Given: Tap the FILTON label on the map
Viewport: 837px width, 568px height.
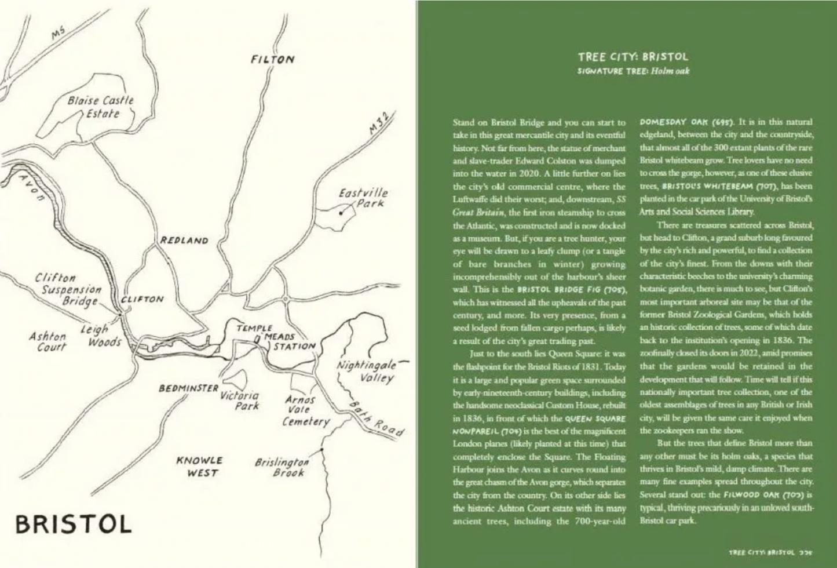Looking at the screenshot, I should click(x=273, y=60).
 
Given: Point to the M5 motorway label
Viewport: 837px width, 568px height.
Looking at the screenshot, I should click(x=59, y=34).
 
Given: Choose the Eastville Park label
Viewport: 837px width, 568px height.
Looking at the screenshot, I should click(x=363, y=198).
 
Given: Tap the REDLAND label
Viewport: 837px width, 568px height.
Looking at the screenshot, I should click(x=184, y=241).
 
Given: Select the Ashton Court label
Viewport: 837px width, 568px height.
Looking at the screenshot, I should click(x=48, y=341).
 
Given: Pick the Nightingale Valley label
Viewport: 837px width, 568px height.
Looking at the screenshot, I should click(x=367, y=372).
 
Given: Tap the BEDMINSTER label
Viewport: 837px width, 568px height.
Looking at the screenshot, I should click(x=189, y=388).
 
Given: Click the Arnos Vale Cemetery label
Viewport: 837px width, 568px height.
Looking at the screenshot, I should click(x=304, y=410).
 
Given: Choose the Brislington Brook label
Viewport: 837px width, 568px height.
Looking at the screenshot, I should click(x=282, y=467).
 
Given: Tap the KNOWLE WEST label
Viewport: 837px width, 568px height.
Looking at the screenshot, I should click(x=200, y=467).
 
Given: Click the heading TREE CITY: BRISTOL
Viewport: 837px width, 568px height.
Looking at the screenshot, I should click(x=633, y=57).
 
